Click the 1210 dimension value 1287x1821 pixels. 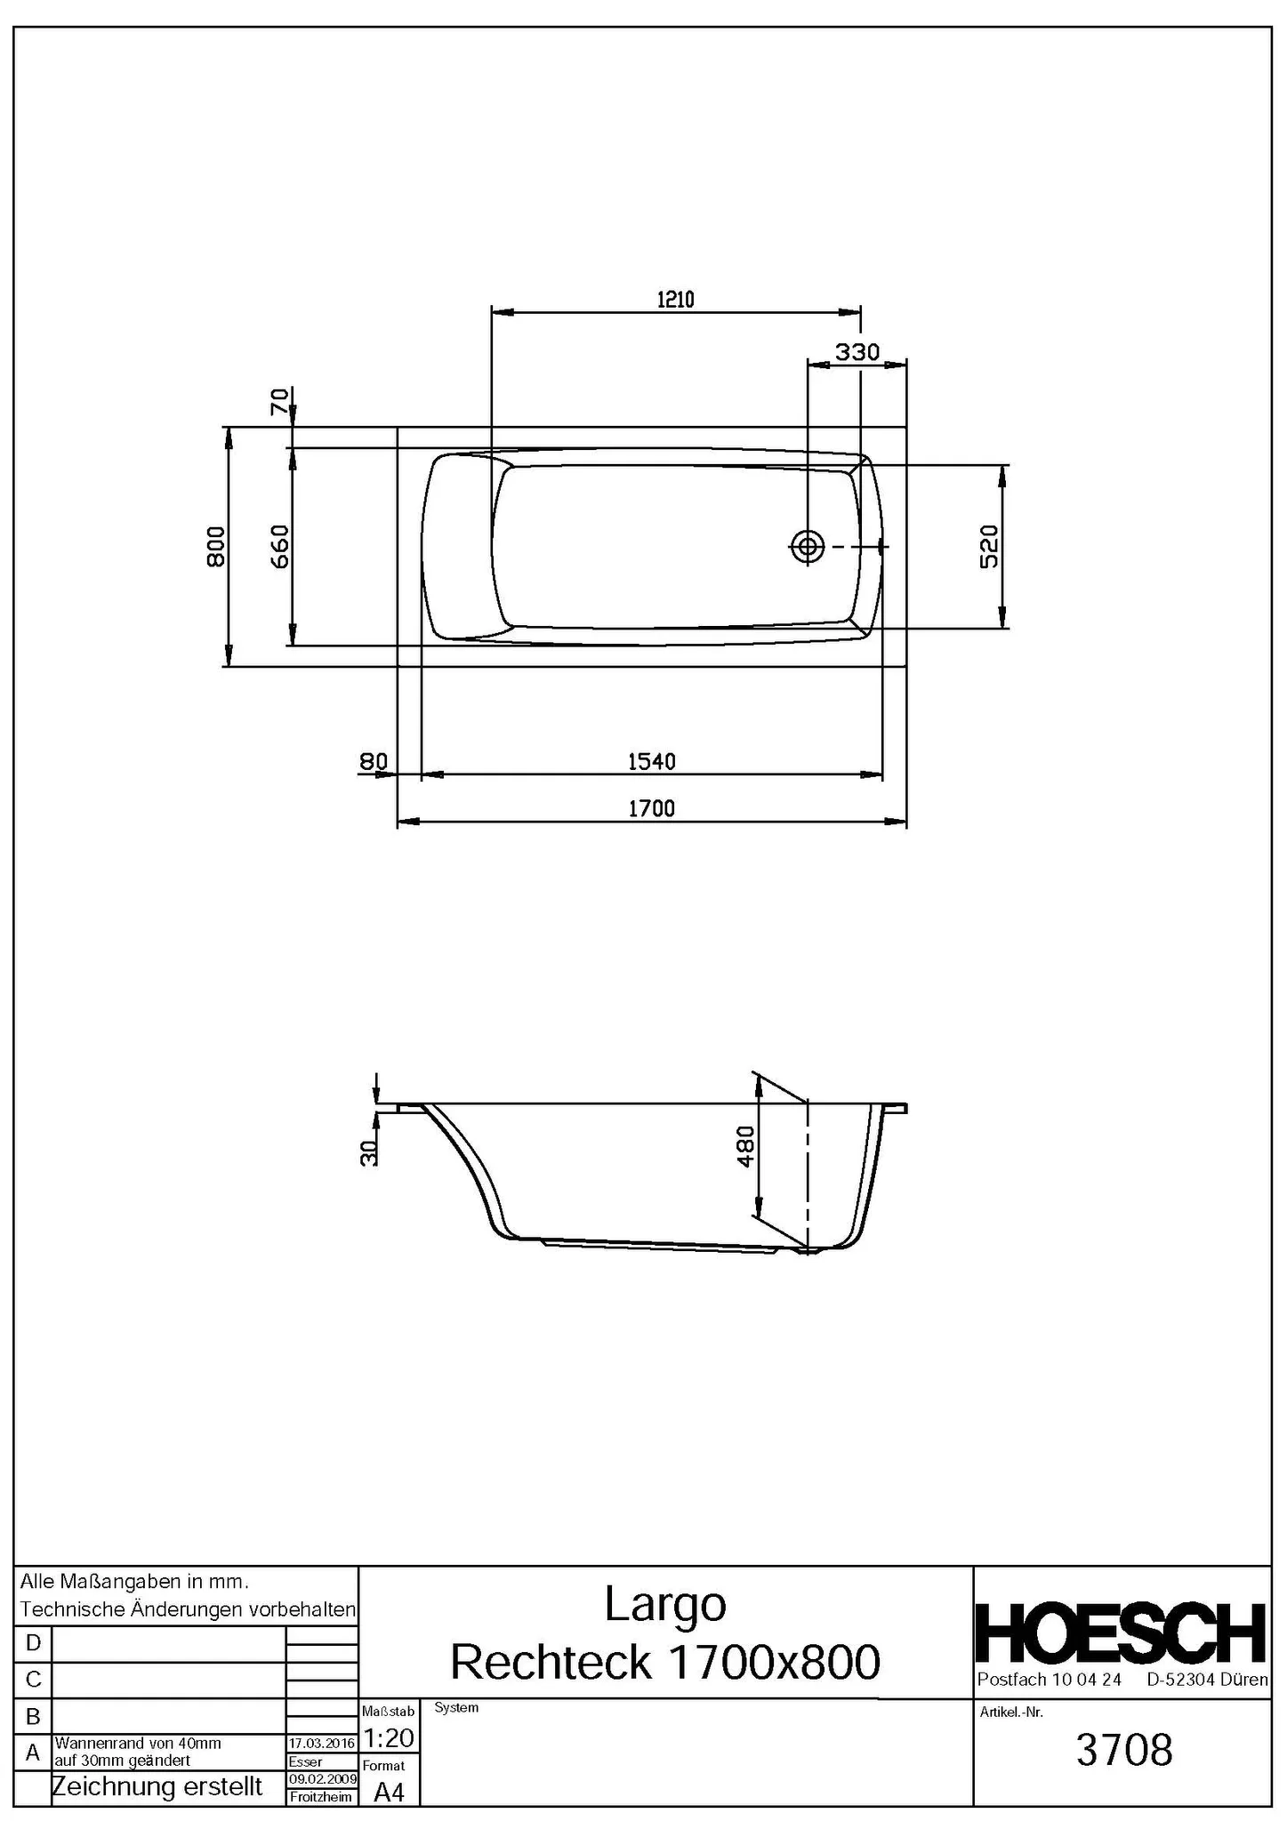tap(675, 300)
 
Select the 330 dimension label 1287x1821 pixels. tap(857, 352)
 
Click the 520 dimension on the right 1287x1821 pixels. tap(989, 546)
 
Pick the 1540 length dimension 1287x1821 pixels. tap(651, 762)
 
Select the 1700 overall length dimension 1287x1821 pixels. tap(651, 808)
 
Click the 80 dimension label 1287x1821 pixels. tap(374, 762)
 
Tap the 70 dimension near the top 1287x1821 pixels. tap(279, 402)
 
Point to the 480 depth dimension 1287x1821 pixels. tap(745, 1146)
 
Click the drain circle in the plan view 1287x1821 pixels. tap(807, 547)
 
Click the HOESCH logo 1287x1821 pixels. tap(1121, 1633)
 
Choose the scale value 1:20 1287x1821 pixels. tap(389, 1737)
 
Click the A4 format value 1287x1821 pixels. tap(389, 1793)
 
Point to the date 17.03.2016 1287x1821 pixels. tap(322, 1744)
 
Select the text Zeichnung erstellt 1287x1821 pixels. tap(157, 1786)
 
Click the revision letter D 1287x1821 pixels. tap(33, 1643)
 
